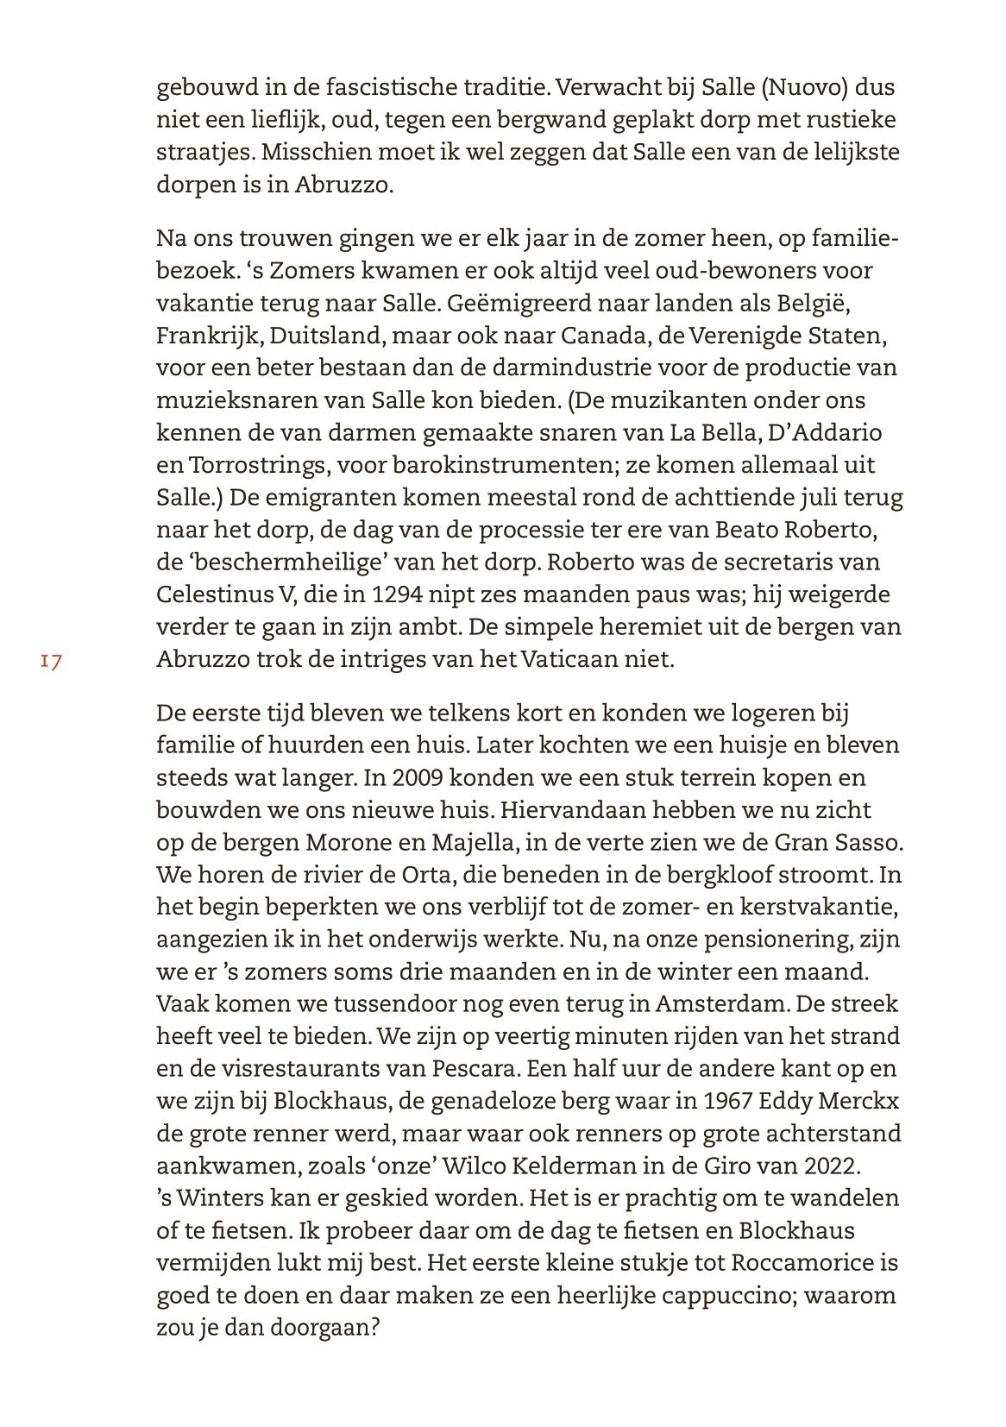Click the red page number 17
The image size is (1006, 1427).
[x=50, y=662]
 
